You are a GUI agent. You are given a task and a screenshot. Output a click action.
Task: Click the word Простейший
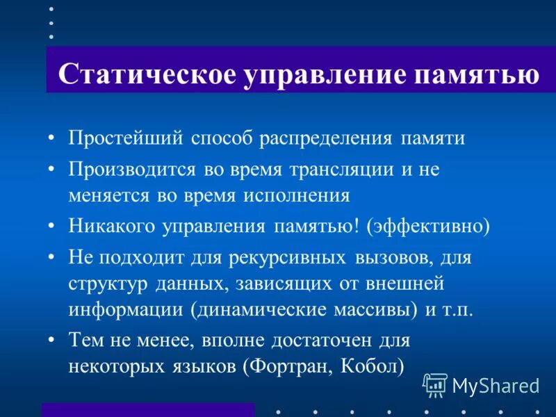[124, 138]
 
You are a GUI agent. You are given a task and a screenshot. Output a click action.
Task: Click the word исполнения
[296, 195]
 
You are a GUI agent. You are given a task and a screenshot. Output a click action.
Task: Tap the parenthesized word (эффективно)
[429, 227]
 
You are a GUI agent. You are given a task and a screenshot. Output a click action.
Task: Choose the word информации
[125, 309]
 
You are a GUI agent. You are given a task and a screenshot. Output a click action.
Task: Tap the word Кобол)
[373, 366]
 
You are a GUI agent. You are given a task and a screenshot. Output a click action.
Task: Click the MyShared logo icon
[435, 384]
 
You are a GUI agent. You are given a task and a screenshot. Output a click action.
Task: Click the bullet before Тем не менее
[51, 341]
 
